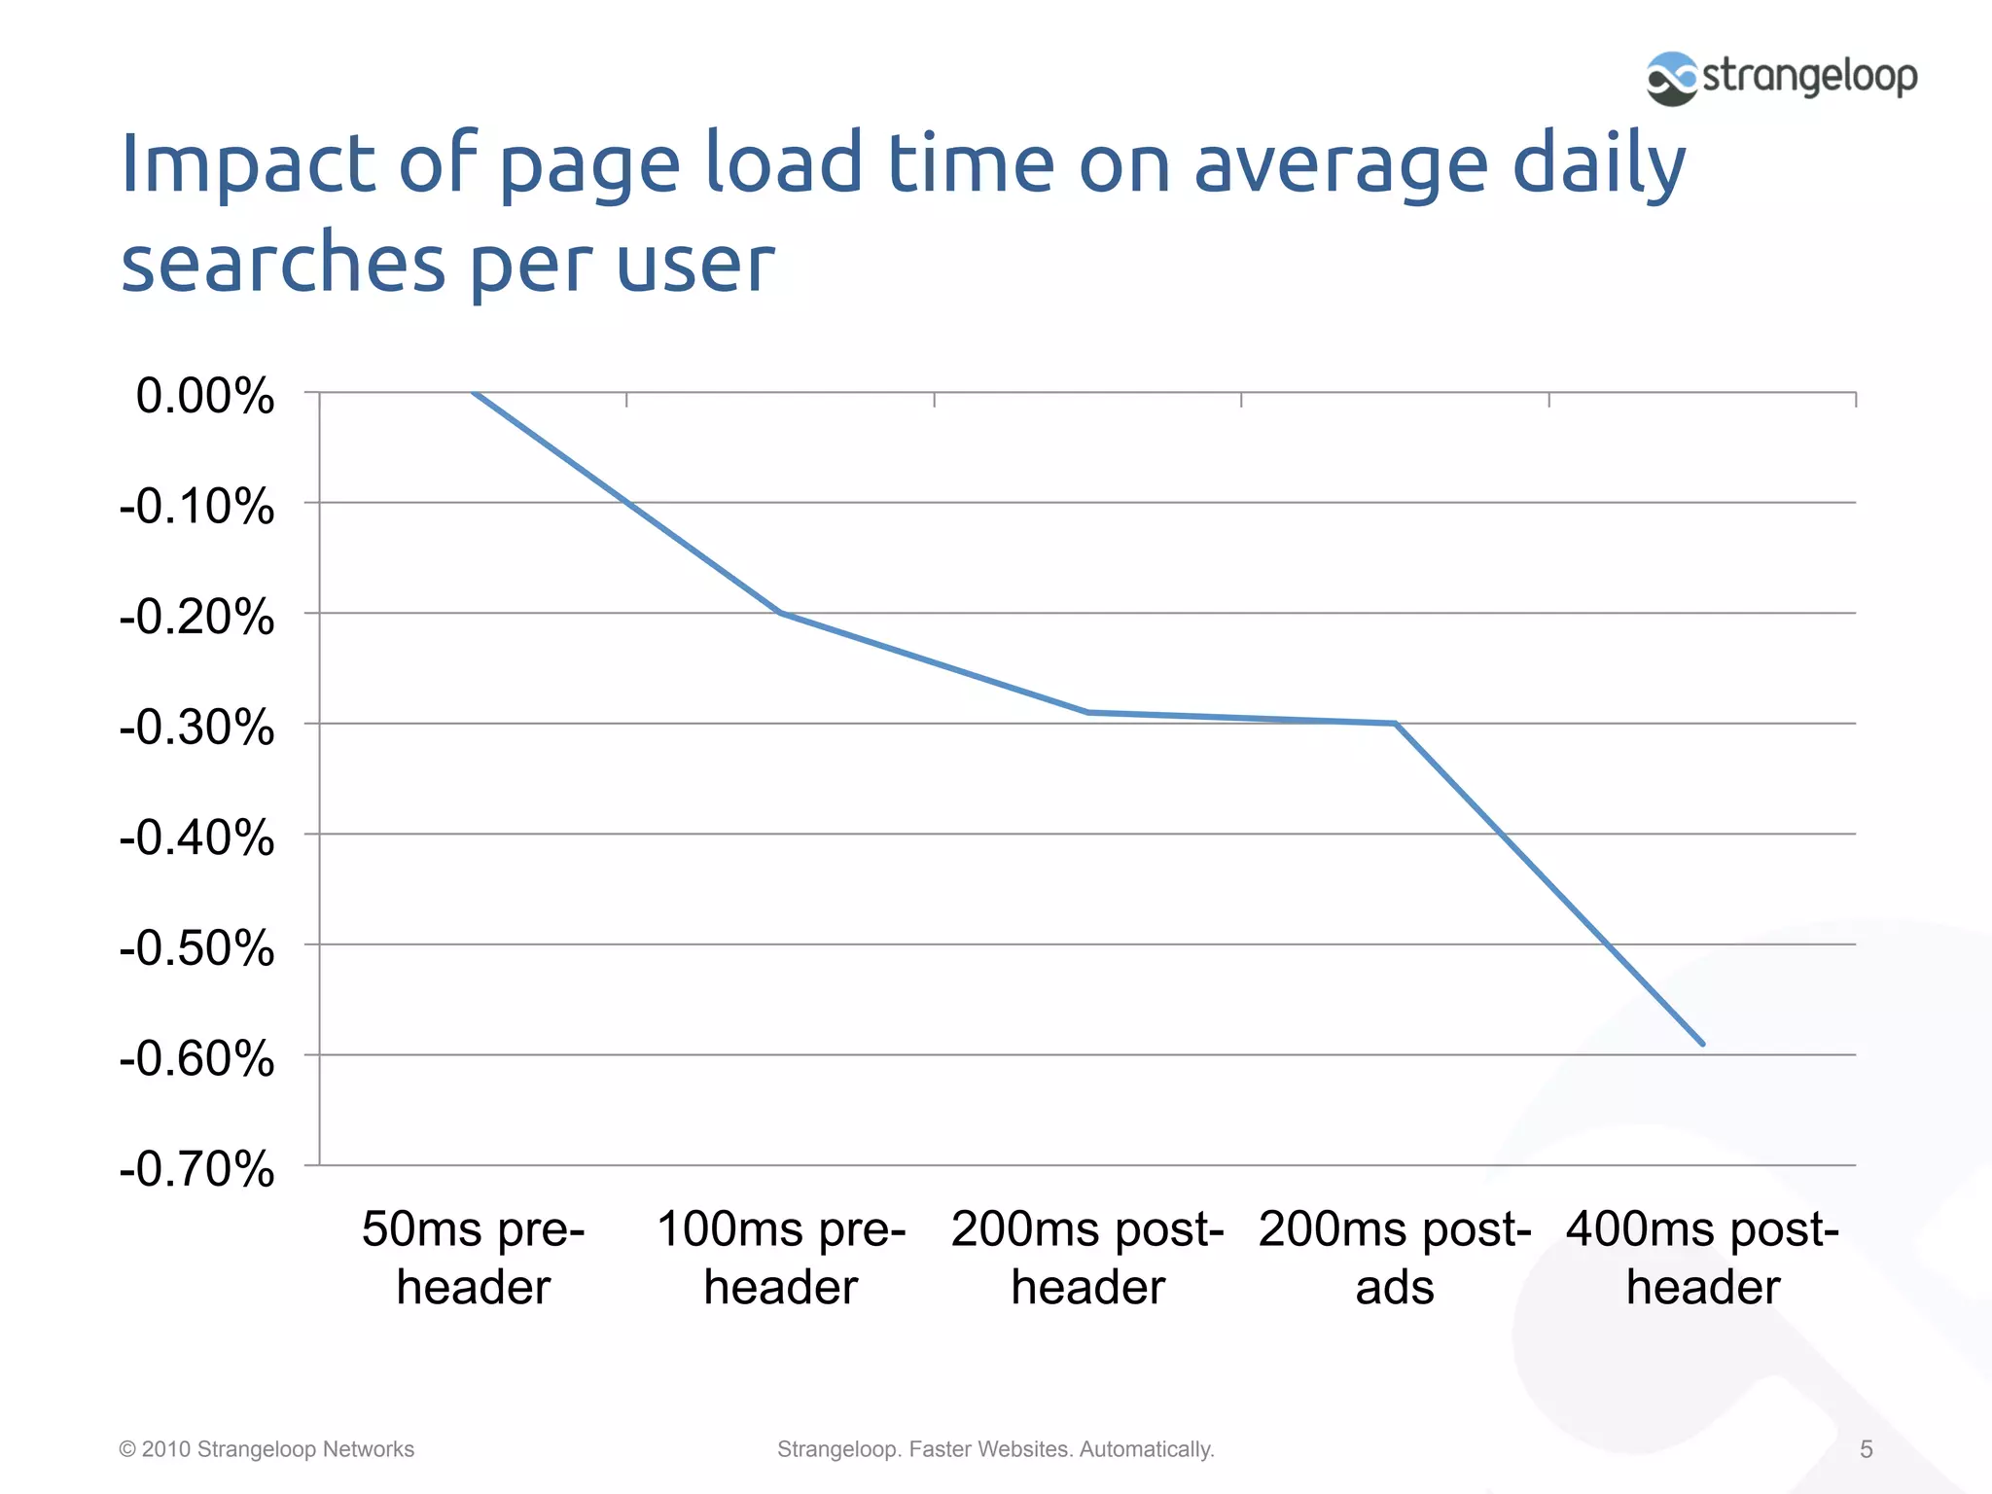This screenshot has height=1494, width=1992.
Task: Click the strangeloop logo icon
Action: [x=1671, y=79]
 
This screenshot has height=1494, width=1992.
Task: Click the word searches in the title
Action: [x=283, y=264]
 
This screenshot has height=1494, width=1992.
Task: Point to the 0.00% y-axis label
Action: [x=205, y=397]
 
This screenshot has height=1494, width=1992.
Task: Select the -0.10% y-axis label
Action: [x=197, y=507]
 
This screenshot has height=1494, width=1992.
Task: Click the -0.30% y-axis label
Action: [x=197, y=728]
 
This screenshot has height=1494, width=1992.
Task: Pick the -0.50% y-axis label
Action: [x=197, y=948]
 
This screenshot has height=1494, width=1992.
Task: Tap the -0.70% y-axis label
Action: [x=197, y=1169]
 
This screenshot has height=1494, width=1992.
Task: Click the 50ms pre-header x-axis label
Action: [x=474, y=1258]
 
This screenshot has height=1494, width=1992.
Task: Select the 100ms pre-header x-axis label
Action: [x=781, y=1258]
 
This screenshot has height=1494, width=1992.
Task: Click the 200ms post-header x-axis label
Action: [x=1087, y=1258]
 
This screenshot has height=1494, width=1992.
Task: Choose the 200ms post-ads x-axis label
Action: [x=1395, y=1258]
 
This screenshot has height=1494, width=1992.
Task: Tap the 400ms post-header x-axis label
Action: [x=1702, y=1258]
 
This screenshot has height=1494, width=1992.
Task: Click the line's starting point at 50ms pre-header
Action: [x=474, y=393]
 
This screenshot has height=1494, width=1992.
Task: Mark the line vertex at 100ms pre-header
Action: [x=781, y=613]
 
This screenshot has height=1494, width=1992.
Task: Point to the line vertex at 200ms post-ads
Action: [x=1395, y=723]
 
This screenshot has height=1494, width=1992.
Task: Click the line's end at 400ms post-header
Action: [x=1702, y=1044]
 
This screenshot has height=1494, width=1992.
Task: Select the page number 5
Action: [x=1866, y=1449]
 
